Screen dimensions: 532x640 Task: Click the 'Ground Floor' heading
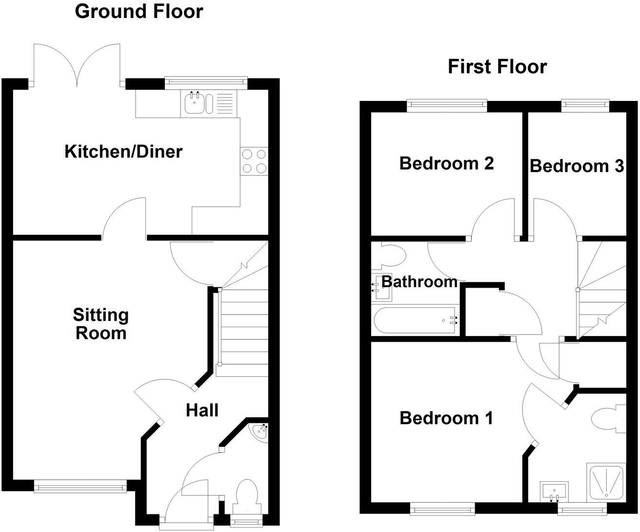(139, 11)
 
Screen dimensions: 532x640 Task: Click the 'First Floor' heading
(497, 67)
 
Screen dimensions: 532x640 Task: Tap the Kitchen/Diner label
(123, 152)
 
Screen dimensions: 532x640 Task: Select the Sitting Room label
(100, 324)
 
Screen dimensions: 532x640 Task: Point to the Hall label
(202, 411)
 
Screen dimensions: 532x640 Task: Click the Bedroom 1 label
(446, 418)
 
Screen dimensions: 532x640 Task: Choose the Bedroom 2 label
(446, 163)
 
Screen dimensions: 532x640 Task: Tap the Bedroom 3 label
(577, 166)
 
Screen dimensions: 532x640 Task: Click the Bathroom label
(419, 281)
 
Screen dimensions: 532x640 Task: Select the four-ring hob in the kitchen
(254, 161)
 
